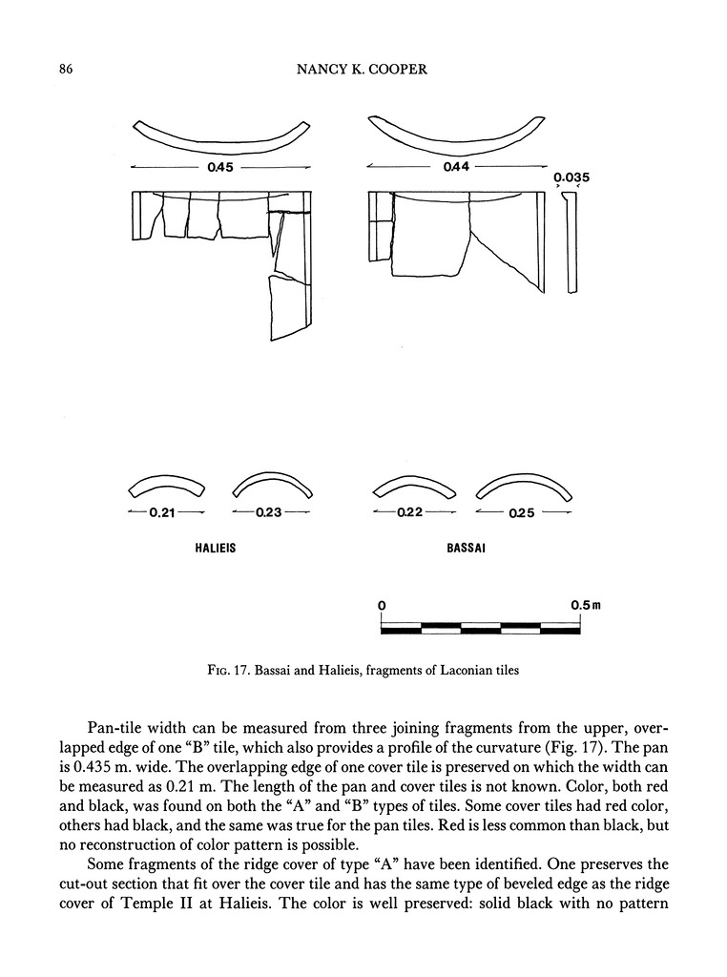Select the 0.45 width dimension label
219,168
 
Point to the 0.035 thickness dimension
571,177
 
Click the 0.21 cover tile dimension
160,513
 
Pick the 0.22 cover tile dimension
410,513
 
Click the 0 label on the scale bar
382,605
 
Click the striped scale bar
480,628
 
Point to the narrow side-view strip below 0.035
571,243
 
